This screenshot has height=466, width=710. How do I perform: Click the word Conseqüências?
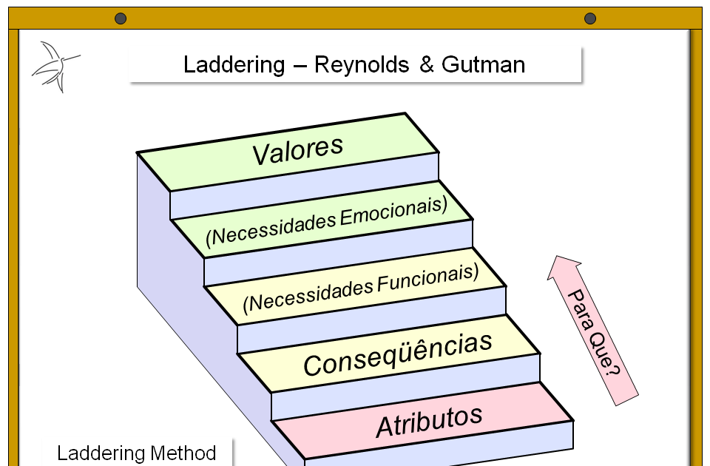coord(398,354)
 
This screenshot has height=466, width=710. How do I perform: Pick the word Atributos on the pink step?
coord(429,421)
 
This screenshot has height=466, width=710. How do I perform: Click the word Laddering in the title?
coord(233,65)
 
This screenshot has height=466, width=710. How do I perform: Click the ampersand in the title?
coord(427,65)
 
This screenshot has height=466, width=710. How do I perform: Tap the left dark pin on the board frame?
coord(121,18)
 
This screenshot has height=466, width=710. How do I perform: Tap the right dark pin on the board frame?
coord(589,18)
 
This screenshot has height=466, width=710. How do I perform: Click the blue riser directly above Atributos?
coord(407,388)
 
